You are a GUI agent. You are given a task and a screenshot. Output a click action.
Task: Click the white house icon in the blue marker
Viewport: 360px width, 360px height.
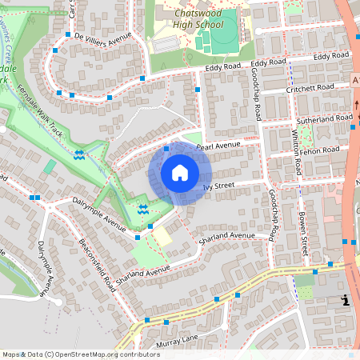180,173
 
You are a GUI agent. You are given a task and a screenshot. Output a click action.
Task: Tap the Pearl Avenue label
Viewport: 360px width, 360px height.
218,146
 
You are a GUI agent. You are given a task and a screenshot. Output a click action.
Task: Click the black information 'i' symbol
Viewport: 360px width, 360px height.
344,300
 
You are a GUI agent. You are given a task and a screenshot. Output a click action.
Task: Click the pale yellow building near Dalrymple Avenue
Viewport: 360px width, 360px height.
162,237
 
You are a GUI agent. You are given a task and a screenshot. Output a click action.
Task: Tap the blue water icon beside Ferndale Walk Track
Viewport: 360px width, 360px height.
78,155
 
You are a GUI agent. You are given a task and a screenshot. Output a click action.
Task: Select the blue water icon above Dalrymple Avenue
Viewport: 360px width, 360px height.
142,210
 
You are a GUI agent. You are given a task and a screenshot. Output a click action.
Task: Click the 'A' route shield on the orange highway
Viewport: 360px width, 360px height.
355,81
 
